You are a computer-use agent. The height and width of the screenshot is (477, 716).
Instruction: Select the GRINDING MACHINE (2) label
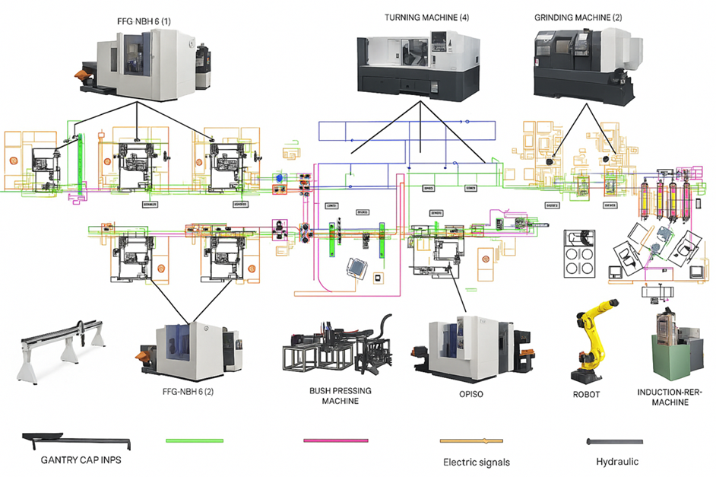coord(577,16)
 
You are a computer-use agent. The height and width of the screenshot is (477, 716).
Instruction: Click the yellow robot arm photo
coord(590,342)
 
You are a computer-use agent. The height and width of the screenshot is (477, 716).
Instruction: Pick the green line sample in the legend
coord(195,440)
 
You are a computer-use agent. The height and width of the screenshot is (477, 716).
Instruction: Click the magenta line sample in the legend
coord(335,440)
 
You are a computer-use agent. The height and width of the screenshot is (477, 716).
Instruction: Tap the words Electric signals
coord(477,462)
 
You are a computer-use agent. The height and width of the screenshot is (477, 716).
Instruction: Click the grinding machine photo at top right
coord(582,61)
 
